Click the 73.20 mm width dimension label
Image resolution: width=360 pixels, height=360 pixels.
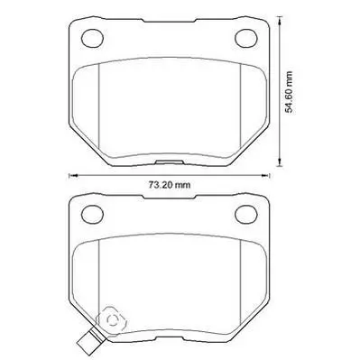[x=170, y=185]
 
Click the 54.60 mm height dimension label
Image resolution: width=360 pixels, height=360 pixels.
[x=289, y=92]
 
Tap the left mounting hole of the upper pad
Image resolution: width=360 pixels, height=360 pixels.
[x=93, y=38]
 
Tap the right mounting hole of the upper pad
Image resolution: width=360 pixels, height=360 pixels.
[x=246, y=38]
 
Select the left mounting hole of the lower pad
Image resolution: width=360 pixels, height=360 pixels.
[x=93, y=215]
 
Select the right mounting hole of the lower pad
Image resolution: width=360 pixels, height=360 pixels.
[x=246, y=215]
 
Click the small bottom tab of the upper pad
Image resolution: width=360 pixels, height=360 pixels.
[x=170, y=162]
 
